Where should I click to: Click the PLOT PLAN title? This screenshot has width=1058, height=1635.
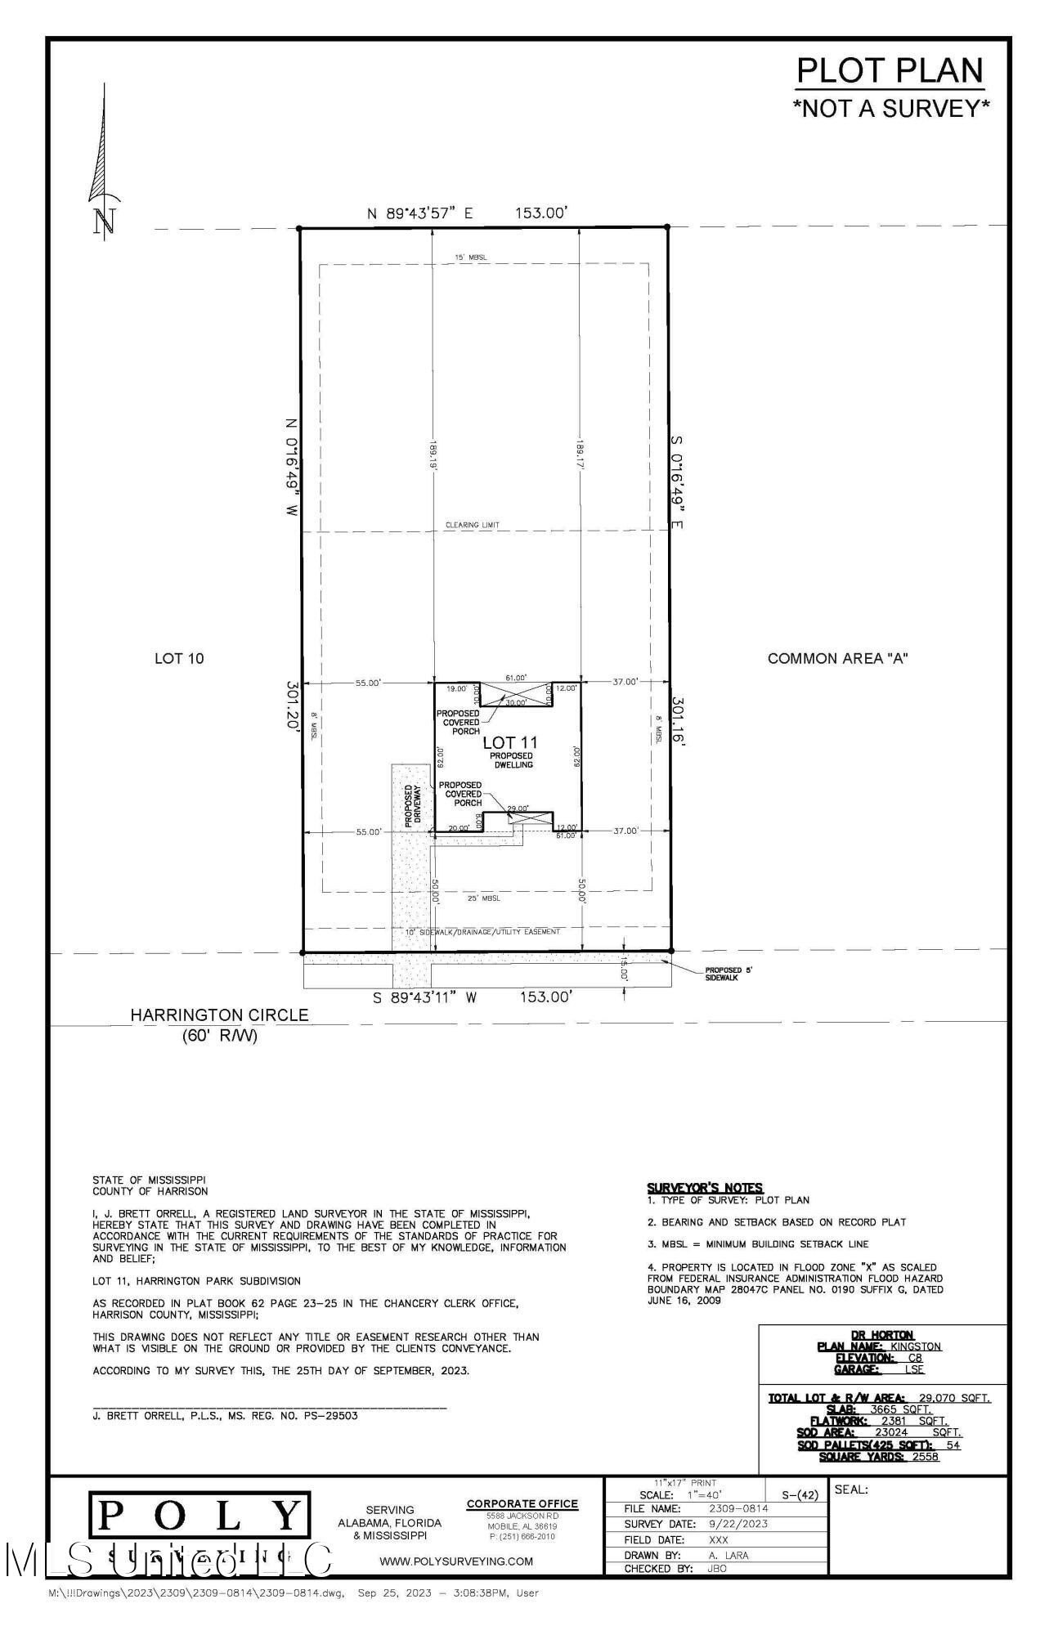click(890, 71)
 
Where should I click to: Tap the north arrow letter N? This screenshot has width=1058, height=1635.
click(103, 221)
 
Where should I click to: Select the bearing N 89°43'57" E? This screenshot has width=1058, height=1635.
click(419, 214)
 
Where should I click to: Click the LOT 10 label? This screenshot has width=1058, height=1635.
click(179, 658)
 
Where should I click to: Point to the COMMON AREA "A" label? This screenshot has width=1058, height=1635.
click(837, 658)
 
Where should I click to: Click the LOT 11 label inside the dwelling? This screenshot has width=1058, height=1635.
click(510, 742)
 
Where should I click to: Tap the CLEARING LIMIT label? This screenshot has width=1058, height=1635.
click(472, 525)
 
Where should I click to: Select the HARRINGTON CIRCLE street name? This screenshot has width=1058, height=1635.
click(220, 1015)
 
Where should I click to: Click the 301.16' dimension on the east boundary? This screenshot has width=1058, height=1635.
click(678, 722)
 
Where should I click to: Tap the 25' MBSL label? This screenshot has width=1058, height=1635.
click(483, 898)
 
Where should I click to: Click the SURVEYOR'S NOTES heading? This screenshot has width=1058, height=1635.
click(704, 1188)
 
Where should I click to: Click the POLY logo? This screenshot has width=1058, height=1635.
click(199, 1516)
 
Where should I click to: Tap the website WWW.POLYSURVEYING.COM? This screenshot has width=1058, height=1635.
click(456, 1561)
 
